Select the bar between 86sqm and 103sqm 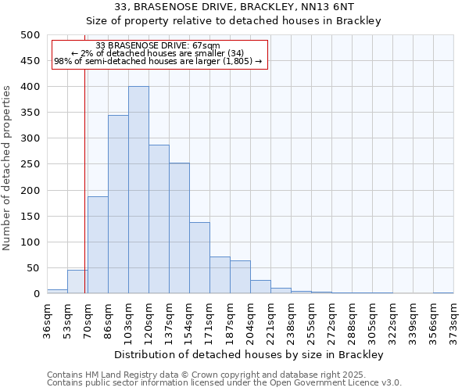118,204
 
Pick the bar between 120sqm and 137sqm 159,219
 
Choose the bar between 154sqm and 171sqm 199,258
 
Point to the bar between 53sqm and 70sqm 77,282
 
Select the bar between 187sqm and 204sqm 240,277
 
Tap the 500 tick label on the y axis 29,35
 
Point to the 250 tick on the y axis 29,164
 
